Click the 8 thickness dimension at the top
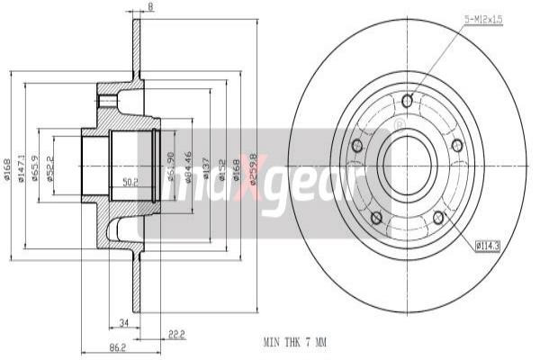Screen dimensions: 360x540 click(x=150, y=7)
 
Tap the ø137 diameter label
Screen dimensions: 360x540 click(x=207, y=167)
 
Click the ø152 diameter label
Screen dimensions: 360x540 click(x=221, y=167)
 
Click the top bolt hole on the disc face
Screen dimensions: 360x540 click(x=408, y=100)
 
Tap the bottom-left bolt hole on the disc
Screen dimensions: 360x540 click(x=376, y=217)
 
